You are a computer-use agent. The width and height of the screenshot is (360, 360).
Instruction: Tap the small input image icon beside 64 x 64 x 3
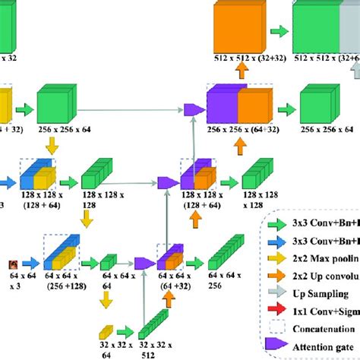point(13,264)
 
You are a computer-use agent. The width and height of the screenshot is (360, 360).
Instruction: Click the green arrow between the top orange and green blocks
point(279,31)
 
